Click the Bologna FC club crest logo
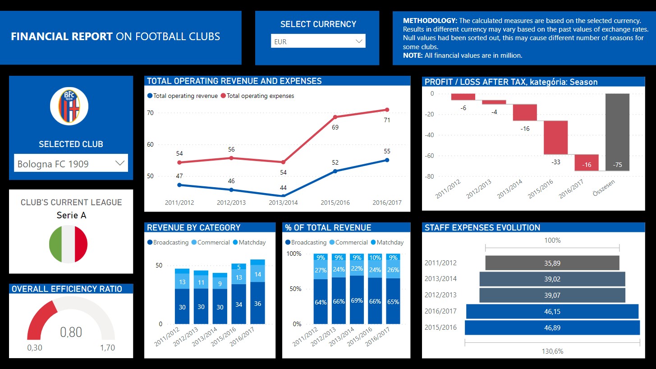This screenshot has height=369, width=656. [69, 106]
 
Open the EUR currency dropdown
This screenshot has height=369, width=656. [318, 42]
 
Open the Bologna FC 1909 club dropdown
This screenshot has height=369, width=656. [71, 163]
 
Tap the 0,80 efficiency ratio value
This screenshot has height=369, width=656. [71, 332]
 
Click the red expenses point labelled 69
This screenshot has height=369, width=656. [335, 117]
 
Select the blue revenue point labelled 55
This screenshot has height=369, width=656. [387, 160]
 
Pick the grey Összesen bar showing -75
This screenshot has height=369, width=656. [617, 132]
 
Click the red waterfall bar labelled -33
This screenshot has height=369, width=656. [555, 138]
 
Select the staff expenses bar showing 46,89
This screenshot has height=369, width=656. [552, 328]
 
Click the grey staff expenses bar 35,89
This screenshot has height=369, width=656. [552, 263]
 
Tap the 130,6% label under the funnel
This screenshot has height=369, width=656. [552, 351]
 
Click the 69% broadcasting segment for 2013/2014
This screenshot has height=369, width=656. [357, 300]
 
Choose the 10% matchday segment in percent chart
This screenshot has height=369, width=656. [375, 258]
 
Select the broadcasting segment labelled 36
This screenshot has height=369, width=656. [257, 303]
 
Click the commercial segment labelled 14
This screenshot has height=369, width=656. [257, 274]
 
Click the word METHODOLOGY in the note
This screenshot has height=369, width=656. [430, 21]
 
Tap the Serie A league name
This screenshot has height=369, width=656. [71, 215]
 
